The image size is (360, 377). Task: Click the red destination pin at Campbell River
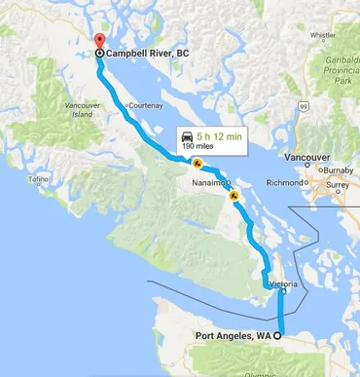[x=99, y=42]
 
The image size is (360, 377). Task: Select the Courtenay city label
[x=149, y=104]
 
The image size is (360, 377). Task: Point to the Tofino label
[x=39, y=180]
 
